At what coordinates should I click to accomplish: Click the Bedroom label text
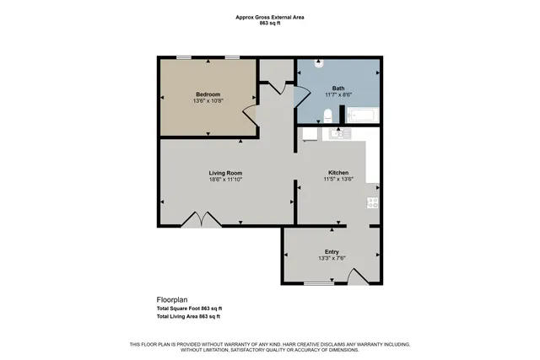click(208, 94)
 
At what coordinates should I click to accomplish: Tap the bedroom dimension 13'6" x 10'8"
click(208, 100)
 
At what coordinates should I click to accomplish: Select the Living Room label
click(226, 174)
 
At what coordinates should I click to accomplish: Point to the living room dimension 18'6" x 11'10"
click(226, 180)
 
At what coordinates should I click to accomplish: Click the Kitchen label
click(338, 174)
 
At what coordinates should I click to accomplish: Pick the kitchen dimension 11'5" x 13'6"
click(338, 180)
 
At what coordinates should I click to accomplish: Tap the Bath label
click(337, 88)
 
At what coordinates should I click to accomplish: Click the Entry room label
click(332, 251)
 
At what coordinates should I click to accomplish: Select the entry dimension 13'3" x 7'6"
click(332, 258)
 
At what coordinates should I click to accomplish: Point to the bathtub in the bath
click(364, 116)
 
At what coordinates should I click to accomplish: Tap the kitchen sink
click(338, 133)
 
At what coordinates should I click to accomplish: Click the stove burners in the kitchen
click(372, 201)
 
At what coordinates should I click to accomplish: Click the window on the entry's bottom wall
click(318, 283)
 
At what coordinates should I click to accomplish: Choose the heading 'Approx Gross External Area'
click(270, 17)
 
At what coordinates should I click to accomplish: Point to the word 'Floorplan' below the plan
click(171, 299)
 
